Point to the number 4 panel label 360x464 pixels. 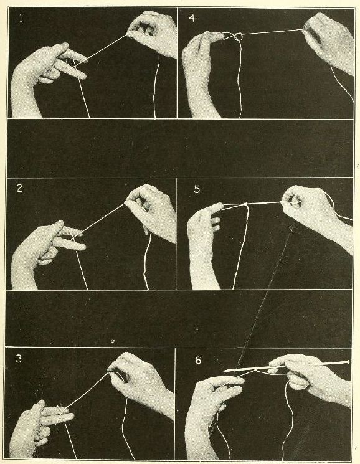[x=191, y=19]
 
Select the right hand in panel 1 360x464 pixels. [x=153, y=31]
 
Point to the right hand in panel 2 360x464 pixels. [x=153, y=206]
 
